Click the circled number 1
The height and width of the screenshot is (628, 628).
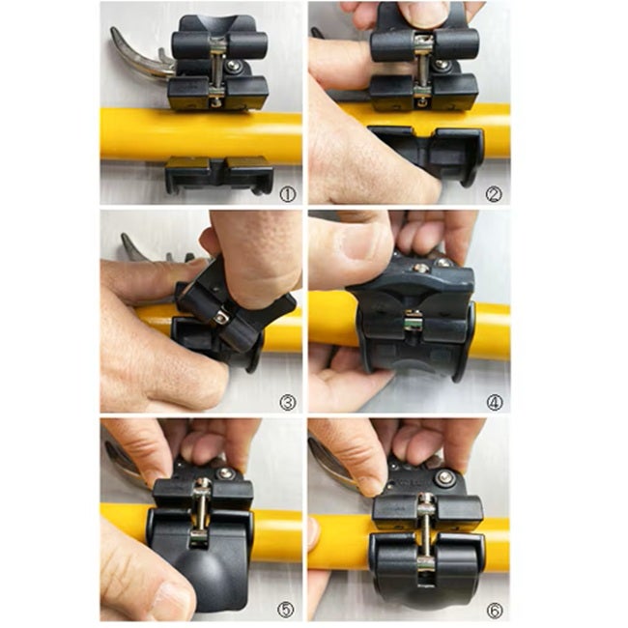click(x=288, y=194)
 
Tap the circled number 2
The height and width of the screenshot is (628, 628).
click(x=494, y=194)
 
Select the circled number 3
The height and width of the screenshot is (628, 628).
click(x=288, y=402)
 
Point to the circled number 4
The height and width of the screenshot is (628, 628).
click(x=495, y=402)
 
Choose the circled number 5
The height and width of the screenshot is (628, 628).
click(x=286, y=610)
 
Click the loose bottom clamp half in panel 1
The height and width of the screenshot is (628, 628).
click(x=219, y=175)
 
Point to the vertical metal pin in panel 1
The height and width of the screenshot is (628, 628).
click(x=217, y=71)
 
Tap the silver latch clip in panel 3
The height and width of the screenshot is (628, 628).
click(x=221, y=319)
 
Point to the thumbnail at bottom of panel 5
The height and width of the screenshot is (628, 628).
click(x=173, y=602)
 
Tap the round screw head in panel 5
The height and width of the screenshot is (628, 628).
click(x=225, y=473)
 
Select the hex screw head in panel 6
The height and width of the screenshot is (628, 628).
click(x=444, y=476)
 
